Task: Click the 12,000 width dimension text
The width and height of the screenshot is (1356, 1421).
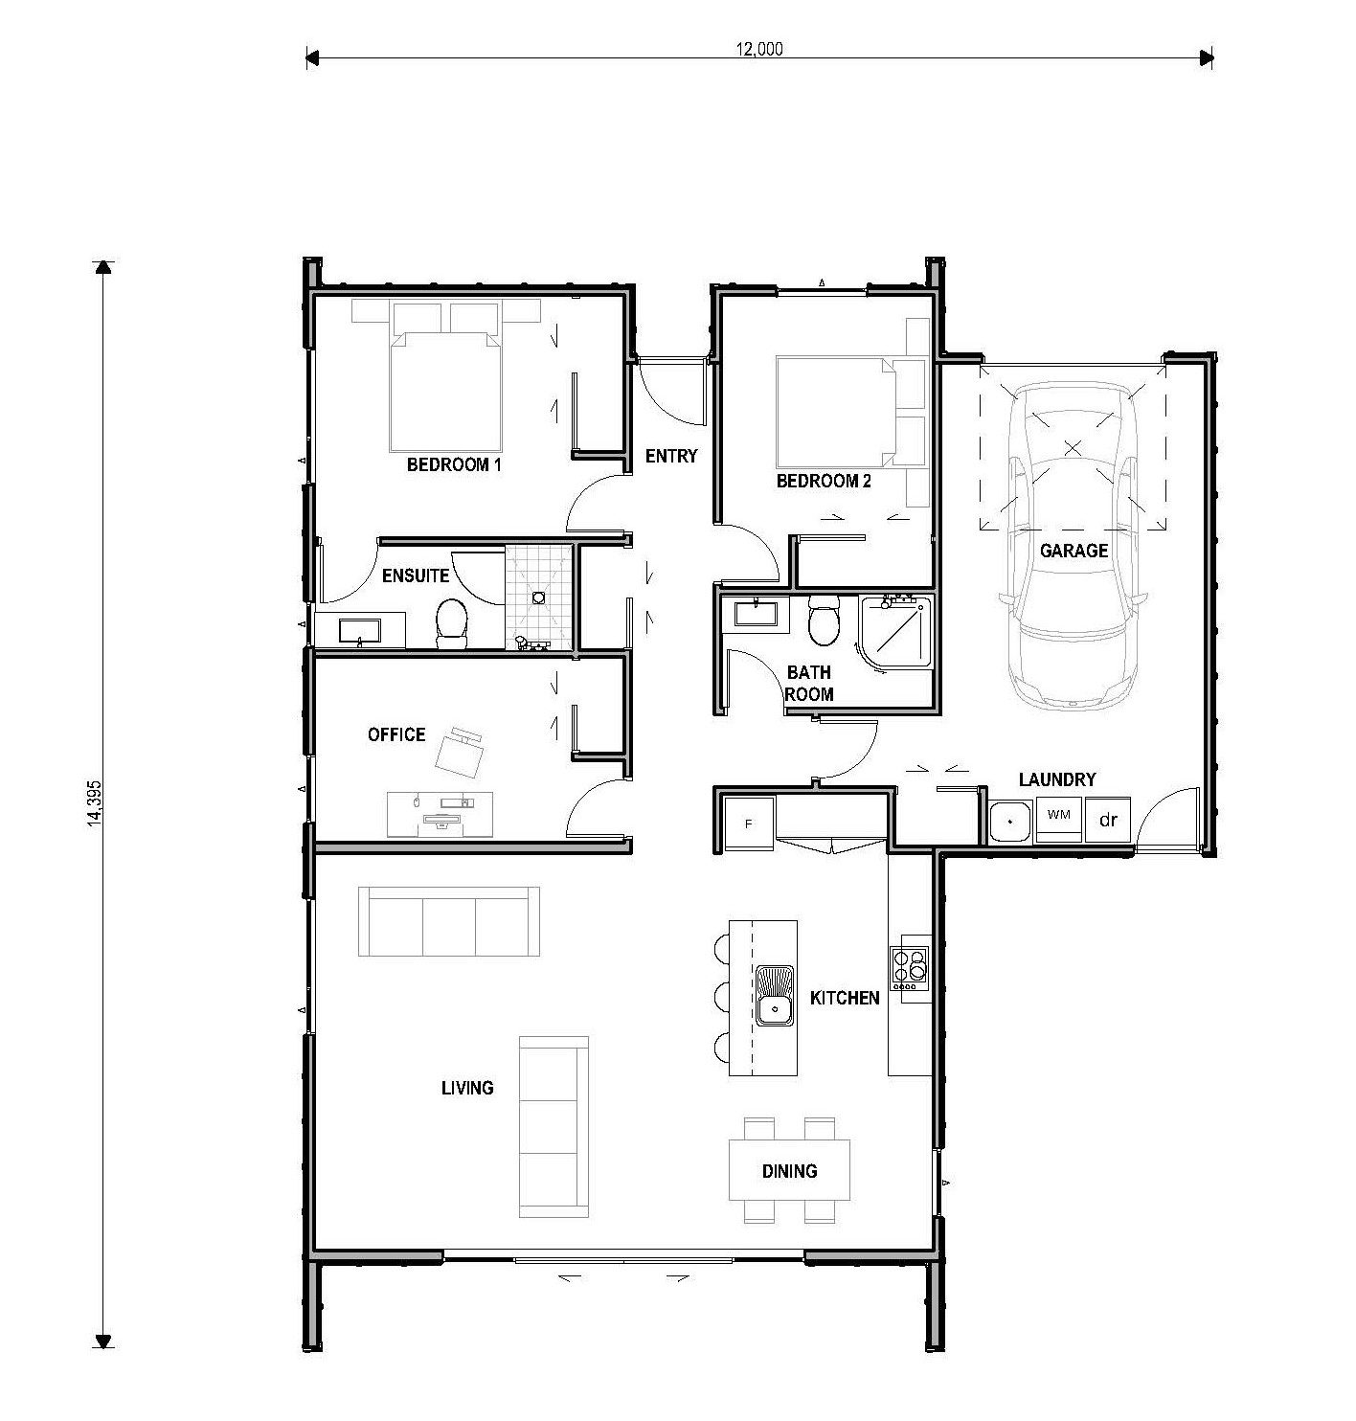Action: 759,49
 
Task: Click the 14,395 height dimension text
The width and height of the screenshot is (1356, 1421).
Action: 95,803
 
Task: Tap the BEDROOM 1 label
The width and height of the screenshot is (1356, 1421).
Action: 454,464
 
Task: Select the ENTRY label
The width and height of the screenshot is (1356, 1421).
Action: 670,456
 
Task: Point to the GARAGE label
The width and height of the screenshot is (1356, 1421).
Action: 1073,551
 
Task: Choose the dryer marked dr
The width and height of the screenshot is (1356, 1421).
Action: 1107,820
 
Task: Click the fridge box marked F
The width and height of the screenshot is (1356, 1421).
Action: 750,823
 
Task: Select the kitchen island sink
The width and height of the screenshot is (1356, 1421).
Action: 774,996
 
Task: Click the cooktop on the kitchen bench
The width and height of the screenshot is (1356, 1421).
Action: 910,969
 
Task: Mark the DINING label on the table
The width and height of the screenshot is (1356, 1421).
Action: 789,1172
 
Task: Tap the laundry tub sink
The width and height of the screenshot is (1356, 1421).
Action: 1009,821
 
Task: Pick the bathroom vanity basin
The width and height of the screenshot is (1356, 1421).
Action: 756,614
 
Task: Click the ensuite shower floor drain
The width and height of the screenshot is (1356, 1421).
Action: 538,597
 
